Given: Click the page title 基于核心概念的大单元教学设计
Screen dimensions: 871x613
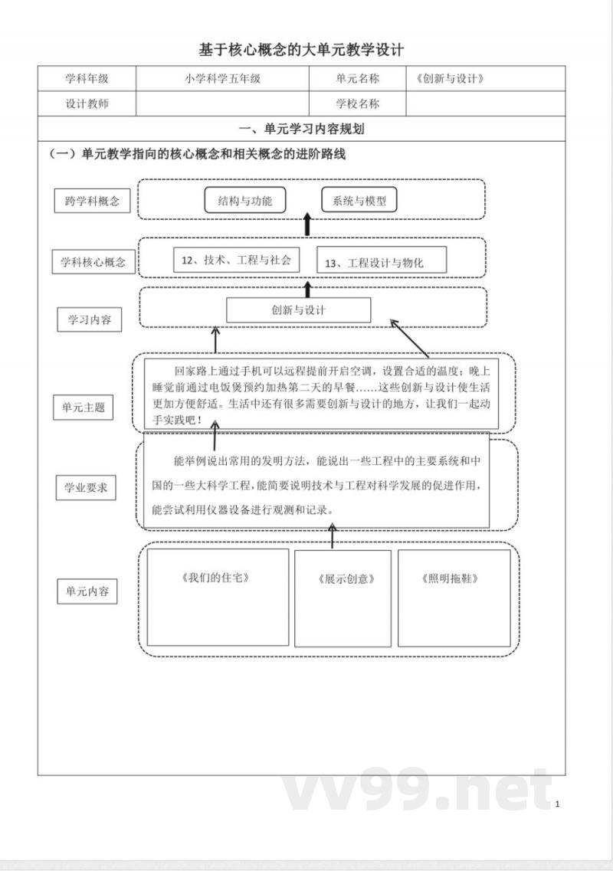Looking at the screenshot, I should (x=301, y=50).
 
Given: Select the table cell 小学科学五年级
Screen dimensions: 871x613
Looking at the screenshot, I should (x=223, y=79).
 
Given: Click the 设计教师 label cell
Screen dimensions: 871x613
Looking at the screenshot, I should (x=87, y=104).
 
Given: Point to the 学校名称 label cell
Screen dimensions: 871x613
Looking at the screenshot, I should (x=357, y=104).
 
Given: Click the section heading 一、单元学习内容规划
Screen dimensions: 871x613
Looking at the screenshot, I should (x=301, y=129).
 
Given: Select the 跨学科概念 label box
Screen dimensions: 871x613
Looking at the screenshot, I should (x=93, y=201).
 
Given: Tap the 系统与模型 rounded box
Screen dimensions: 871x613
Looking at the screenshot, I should (x=359, y=201).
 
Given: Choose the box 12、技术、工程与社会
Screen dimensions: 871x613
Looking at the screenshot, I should (x=236, y=260).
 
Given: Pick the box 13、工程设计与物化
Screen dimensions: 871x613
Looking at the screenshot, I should (x=381, y=262).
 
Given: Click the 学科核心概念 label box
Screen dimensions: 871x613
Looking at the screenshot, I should (x=93, y=262).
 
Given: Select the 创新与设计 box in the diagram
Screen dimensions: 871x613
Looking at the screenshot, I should (x=299, y=310).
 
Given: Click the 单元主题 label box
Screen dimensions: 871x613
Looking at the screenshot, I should (x=84, y=408).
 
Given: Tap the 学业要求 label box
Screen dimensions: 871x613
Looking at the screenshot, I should (x=86, y=487).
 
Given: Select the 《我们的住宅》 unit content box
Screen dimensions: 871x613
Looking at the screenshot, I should (x=218, y=598).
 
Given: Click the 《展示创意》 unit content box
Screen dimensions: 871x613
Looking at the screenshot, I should (x=343, y=598).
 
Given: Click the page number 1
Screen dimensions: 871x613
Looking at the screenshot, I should (x=558, y=804).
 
